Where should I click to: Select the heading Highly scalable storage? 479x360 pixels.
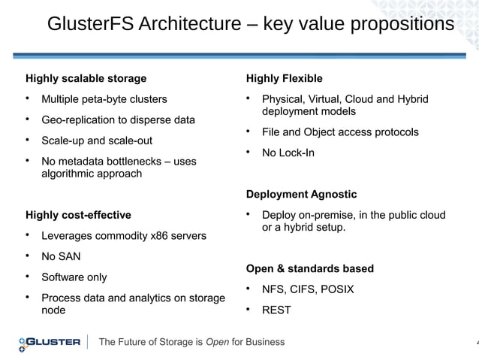(86, 78)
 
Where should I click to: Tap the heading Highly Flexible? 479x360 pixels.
(285, 78)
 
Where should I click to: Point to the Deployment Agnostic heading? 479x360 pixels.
(302, 195)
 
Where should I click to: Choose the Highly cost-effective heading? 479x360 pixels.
(78, 215)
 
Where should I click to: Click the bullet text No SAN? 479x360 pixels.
(61, 256)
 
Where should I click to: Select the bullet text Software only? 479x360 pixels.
(74, 277)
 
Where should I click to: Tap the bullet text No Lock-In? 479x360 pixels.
(288, 153)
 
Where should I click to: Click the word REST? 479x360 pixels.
(276, 310)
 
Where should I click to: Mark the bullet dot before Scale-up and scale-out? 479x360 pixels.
(28, 140)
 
